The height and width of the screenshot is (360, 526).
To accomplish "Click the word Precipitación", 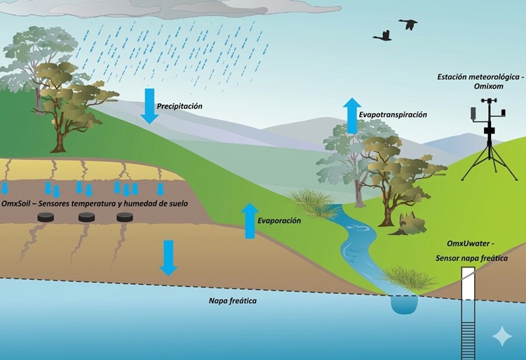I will pyautogui.click(x=180, y=106).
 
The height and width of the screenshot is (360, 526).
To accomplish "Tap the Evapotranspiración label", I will pyautogui.click(x=392, y=114).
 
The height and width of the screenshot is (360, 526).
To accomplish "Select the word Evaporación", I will pyautogui.click(x=278, y=220).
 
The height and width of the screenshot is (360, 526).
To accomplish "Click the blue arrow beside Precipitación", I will pyautogui.click(x=149, y=106).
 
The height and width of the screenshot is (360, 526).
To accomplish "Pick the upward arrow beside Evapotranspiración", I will pyautogui.click(x=351, y=115).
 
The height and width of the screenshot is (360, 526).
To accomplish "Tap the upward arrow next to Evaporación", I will pyautogui.click(x=249, y=220).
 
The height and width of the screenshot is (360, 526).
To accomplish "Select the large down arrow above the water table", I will pyautogui.click(x=168, y=258).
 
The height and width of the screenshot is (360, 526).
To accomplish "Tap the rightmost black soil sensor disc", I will pyautogui.click(x=126, y=217).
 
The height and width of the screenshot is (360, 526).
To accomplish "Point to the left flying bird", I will pyautogui.click(x=383, y=35).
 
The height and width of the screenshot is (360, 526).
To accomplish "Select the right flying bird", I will pyautogui.click(x=408, y=25).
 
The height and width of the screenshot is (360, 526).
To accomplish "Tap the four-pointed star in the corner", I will pyautogui.click(x=502, y=337).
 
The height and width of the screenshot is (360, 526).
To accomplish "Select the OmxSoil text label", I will pyautogui.click(x=18, y=204).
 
